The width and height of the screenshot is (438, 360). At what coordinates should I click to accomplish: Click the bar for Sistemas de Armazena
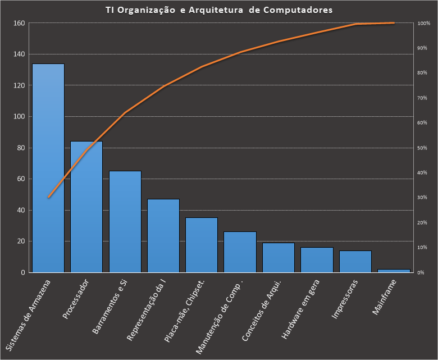point(48,168)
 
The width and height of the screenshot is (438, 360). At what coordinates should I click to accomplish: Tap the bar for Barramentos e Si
point(125,222)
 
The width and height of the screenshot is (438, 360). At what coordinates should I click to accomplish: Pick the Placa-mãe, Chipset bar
point(202,245)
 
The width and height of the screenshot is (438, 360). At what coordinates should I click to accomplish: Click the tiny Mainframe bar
point(394,271)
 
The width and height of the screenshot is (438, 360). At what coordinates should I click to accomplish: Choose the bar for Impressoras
point(355,262)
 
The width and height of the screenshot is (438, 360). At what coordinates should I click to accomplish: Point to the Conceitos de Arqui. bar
point(279,258)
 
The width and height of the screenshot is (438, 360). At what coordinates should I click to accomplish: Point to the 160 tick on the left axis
point(20,23)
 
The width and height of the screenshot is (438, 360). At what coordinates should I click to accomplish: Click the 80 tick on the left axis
point(21,148)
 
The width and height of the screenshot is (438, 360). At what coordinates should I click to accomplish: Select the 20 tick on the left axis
point(21,241)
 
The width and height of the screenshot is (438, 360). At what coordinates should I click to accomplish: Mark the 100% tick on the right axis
point(424,23)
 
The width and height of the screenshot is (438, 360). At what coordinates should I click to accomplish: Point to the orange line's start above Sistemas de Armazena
point(48,198)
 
